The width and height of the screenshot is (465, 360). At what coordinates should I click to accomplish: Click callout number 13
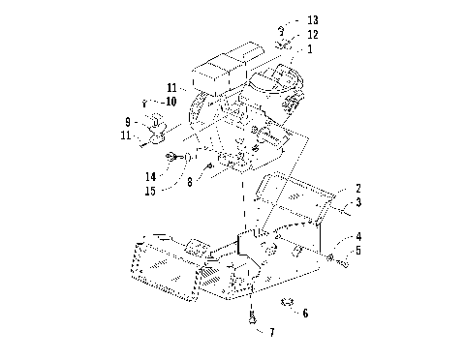point(312,19)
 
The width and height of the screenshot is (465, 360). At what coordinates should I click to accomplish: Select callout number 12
point(312,34)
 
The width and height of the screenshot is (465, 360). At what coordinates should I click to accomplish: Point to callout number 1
point(309,47)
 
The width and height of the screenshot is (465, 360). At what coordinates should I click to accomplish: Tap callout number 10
point(170,101)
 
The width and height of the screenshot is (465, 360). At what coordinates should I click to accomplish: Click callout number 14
point(150,176)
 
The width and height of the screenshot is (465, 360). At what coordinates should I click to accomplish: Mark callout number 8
point(191,180)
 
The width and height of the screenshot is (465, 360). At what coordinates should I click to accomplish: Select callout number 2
point(357,188)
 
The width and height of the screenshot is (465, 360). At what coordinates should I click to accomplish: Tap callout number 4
point(357,235)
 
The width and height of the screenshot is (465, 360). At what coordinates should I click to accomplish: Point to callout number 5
point(357,251)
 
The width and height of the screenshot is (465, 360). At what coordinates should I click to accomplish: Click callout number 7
point(271,332)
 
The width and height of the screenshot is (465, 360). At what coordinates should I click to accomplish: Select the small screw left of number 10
point(144,101)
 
